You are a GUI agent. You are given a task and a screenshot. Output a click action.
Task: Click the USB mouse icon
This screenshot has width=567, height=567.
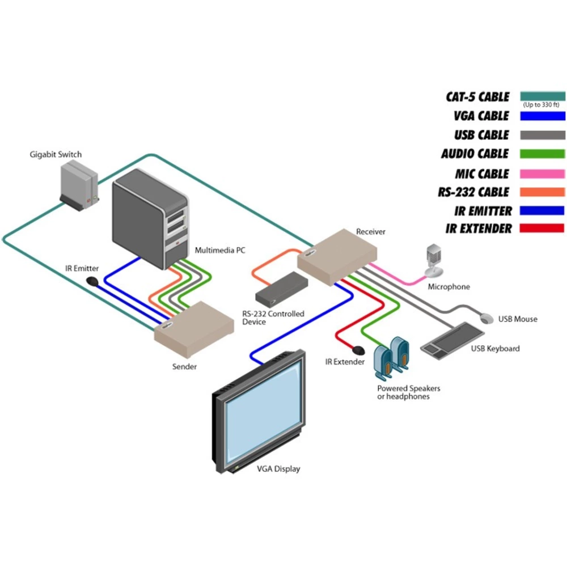486,318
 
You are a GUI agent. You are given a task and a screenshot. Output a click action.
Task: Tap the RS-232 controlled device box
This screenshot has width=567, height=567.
281,289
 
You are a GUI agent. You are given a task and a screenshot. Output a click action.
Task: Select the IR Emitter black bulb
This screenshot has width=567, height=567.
92,281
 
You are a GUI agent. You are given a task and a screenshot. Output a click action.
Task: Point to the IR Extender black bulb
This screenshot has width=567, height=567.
358,349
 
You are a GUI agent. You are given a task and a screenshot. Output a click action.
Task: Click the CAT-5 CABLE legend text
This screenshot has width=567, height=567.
477,96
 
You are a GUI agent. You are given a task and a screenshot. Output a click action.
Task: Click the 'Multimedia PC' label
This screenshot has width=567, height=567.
220,249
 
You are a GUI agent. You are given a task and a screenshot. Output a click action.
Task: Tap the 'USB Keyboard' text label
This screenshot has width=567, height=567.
495,348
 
